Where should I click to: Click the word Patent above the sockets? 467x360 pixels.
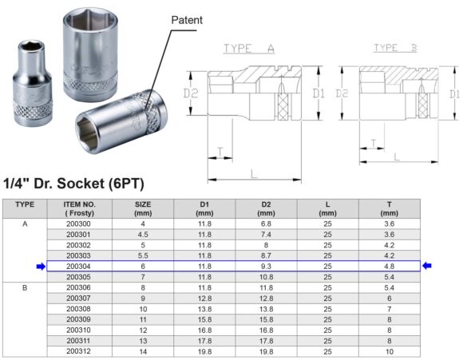pyautogui.click(x=188, y=18)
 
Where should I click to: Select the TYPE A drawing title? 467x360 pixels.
pyautogui.click(x=249, y=49)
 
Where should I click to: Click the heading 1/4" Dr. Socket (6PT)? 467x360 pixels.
pyautogui.click(x=73, y=184)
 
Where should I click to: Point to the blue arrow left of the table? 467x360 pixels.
pyautogui.click(x=41, y=266)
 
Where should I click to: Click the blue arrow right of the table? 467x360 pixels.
pyautogui.click(x=427, y=266)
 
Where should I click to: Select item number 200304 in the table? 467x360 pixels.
pyautogui.click(x=79, y=266)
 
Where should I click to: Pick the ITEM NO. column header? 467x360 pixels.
pyautogui.click(x=79, y=209)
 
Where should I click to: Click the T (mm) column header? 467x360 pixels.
pyautogui.click(x=389, y=209)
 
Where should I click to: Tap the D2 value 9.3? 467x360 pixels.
pyautogui.click(x=266, y=266)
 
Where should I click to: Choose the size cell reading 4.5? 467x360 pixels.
pyautogui.click(x=142, y=235)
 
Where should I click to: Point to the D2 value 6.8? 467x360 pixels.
pyautogui.click(x=266, y=224)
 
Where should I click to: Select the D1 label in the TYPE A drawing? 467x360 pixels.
pyautogui.click(x=319, y=93)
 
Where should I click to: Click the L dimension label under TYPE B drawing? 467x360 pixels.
pyautogui.click(x=397, y=158)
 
